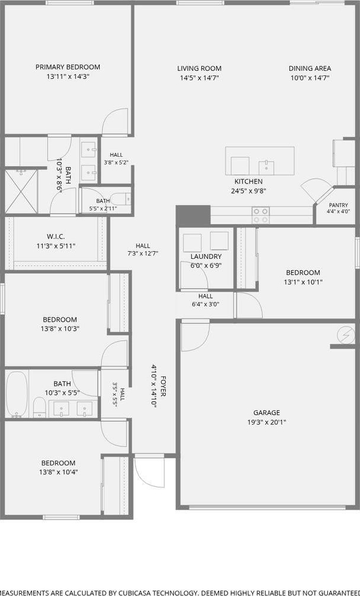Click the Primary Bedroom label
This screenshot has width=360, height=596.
pos(68,67)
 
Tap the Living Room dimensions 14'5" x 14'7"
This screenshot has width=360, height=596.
pos(200,78)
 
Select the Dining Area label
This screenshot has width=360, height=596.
pos(310,68)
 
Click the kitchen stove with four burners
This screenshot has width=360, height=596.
pos(261,215)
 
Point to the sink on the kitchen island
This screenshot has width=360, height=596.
pos(266,166)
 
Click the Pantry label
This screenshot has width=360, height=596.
pos(338,205)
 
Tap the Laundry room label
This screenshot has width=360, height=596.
pos(206,256)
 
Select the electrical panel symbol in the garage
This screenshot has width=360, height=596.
pos(346,335)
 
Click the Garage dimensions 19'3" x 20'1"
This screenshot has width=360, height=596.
pos(267,422)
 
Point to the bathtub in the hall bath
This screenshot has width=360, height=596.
pos(17,394)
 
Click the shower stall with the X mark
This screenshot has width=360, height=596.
pos(21,192)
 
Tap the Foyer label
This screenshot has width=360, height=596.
pos(163,386)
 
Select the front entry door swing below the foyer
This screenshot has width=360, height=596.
pos(150,474)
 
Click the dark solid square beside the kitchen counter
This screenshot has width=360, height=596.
pos(193,215)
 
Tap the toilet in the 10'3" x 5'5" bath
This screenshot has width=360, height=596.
pos(39,407)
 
